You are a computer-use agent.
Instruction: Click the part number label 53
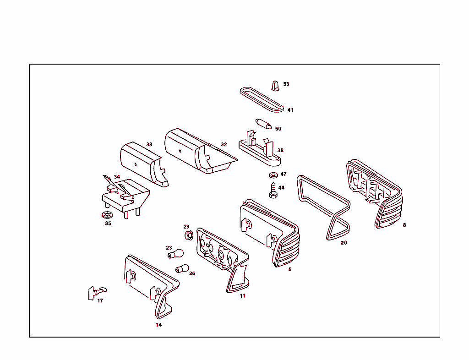pos(286,84)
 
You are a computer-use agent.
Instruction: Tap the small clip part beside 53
pos(275,86)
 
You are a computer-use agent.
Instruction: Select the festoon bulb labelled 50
pos(263,124)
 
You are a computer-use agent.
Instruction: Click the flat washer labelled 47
pos(273,175)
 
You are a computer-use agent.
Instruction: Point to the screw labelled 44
pos(273,191)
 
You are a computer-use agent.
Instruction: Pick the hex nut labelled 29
pos(188,235)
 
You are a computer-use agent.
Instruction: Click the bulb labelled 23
pos(175,254)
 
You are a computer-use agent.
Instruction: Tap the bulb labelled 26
pos(182,268)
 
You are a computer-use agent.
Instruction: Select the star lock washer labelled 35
pos(107,214)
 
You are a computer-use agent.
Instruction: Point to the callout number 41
pos(290,110)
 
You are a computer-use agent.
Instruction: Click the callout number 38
pos(280,150)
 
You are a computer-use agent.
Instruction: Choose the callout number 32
pos(224,144)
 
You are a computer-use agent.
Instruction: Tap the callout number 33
pos(149,144)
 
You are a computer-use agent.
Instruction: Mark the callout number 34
pos(117,177)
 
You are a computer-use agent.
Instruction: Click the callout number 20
pos(344,243)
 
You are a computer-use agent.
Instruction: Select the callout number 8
pos(404,225)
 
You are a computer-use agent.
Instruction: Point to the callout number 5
pos(290,269)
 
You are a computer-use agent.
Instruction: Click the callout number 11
pos(243,296)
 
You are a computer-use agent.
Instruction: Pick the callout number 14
pos(158,325)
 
